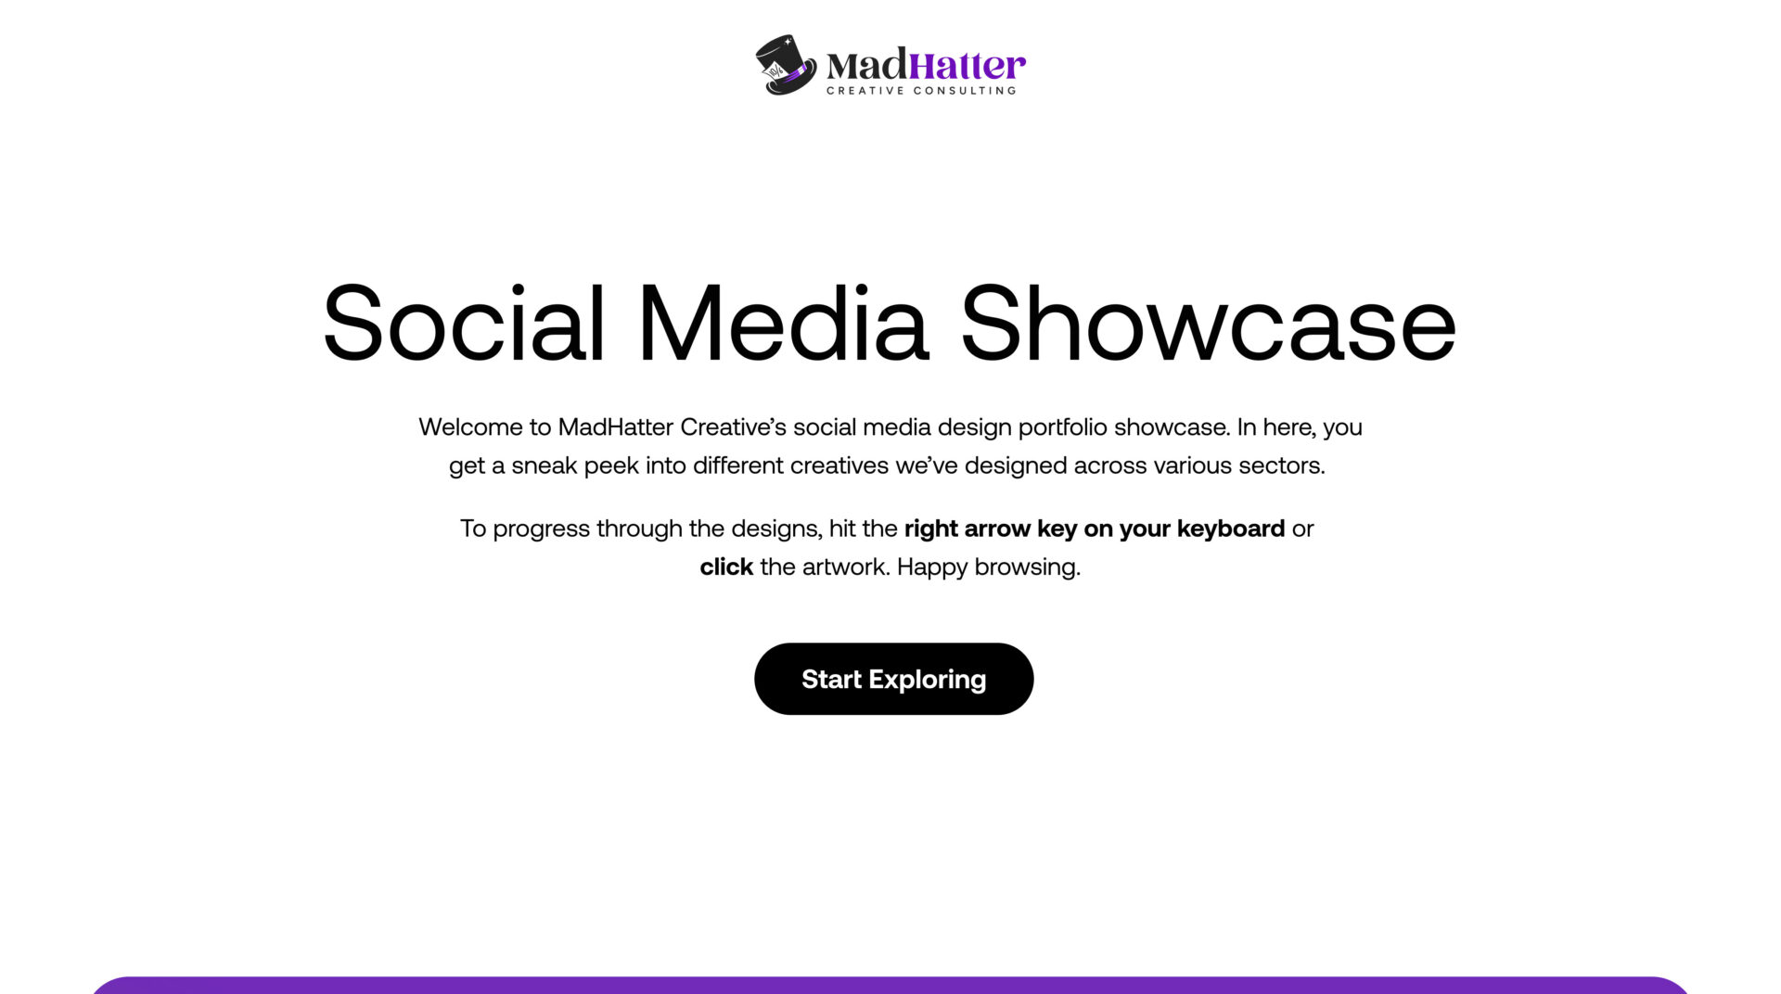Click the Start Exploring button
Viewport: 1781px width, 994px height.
point(893,679)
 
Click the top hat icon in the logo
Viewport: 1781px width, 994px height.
point(786,65)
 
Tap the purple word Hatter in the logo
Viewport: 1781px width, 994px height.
point(967,66)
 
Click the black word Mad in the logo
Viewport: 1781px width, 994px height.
point(867,66)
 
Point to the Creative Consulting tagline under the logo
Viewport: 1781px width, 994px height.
point(921,91)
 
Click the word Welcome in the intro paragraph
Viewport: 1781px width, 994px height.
point(470,427)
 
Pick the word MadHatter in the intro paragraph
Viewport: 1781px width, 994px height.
point(616,427)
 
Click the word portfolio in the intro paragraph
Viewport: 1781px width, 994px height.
point(1063,427)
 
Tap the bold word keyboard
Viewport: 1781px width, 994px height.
point(1231,529)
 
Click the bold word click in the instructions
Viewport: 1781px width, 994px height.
point(726,567)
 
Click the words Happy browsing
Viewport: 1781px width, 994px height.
point(989,567)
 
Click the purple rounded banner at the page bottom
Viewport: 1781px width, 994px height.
point(890,986)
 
